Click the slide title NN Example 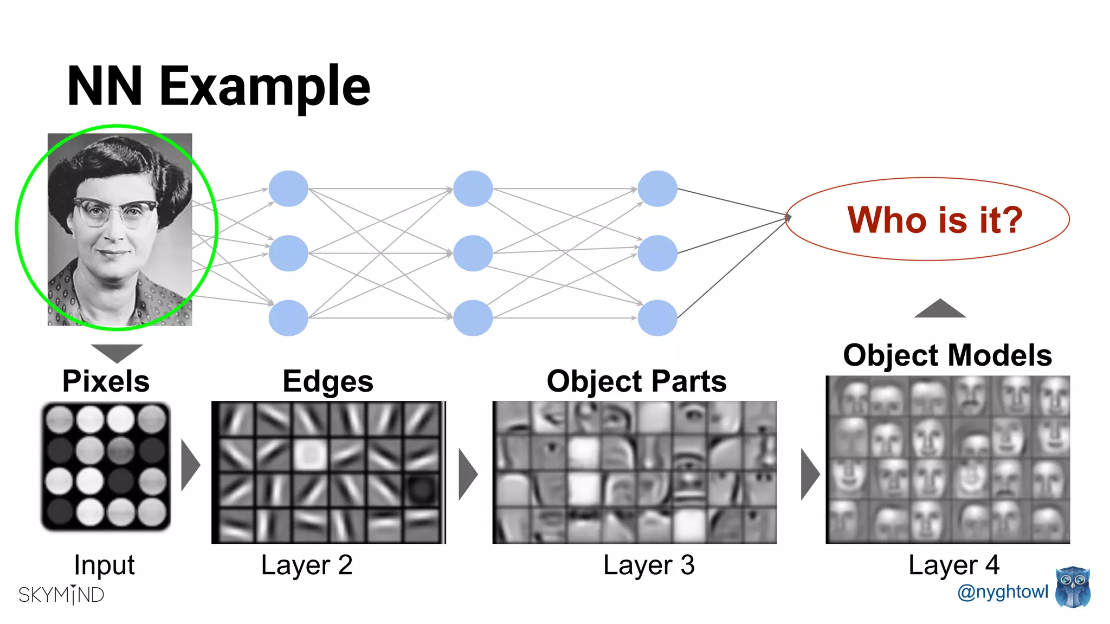point(218,87)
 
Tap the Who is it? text point(934,220)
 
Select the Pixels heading point(106,381)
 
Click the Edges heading point(328,381)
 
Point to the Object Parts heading point(636,381)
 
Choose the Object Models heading point(947,355)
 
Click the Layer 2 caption point(307,565)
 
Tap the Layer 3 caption point(649,565)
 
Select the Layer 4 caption point(954,565)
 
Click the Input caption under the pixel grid point(104,565)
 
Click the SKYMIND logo point(61,595)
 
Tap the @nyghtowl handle point(1003,591)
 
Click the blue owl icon point(1073,587)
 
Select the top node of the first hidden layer point(288,188)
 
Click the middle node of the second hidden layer point(473,253)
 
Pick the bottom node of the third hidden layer point(657,318)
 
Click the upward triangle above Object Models point(940,309)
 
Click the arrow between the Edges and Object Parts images point(467,474)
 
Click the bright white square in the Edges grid point(310,454)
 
